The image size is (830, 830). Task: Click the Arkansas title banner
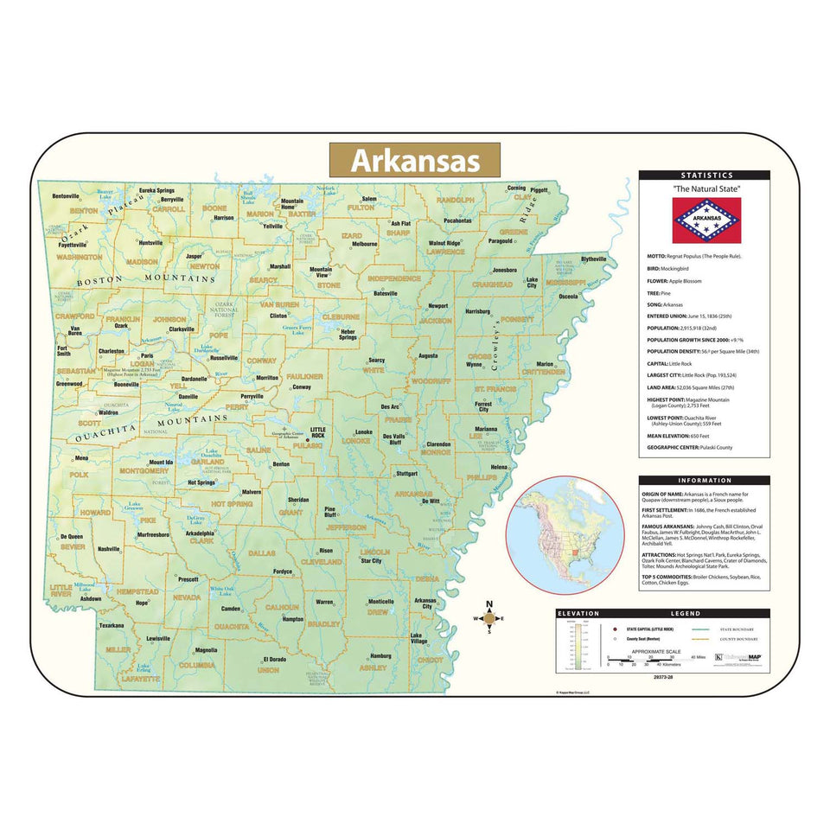[414, 161]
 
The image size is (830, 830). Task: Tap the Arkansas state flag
[707, 220]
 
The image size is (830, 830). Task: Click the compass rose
[488, 617]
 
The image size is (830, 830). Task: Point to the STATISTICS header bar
[704, 176]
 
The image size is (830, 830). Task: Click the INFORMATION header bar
[704, 481]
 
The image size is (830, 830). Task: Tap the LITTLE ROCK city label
[319, 433]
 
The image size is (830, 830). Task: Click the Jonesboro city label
[505, 270]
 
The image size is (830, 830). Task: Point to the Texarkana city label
[112, 625]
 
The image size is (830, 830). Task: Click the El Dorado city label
[275, 660]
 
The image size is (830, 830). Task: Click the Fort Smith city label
[64, 351]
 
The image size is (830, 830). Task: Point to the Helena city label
[500, 468]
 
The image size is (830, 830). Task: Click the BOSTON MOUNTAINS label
[144, 281]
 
